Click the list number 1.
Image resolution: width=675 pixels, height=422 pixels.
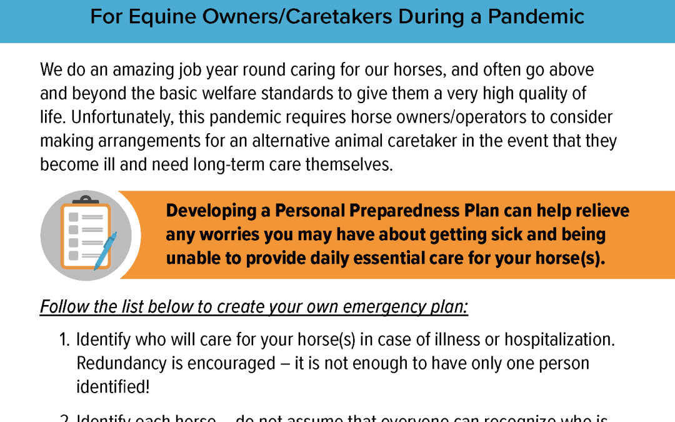click(x=64, y=340)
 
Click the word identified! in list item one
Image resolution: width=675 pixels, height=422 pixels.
click(x=112, y=386)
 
